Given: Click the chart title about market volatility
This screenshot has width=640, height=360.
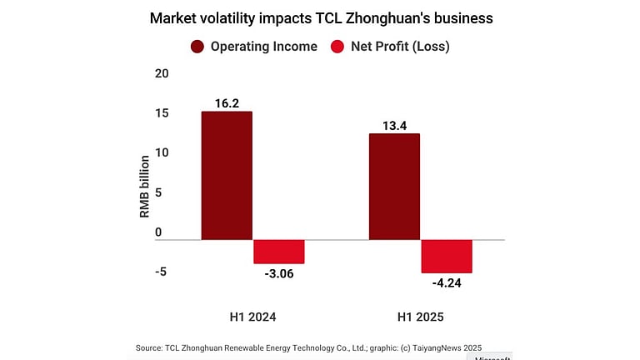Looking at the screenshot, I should [320, 17].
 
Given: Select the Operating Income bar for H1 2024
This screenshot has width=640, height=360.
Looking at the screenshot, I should [227, 176].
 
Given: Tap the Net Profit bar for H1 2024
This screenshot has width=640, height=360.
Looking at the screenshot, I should [278, 252].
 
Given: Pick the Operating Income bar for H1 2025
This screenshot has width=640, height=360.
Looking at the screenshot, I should [394, 187].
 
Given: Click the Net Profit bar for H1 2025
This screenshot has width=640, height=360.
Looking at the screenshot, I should [447, 256].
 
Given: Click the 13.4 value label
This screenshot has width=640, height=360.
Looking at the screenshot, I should [394, 125].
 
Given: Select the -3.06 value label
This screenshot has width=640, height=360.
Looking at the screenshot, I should [278, 273].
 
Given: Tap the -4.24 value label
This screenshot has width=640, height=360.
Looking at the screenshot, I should [447, 282].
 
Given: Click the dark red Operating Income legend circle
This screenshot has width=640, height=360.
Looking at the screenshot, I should [198, 47].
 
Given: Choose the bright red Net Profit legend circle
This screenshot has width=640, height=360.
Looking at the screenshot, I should [338, 47].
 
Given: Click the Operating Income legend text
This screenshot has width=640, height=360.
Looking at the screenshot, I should [263, 47].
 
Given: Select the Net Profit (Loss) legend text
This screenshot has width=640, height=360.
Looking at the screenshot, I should [400, 47].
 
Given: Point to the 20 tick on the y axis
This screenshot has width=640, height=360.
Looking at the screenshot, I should [161, 73].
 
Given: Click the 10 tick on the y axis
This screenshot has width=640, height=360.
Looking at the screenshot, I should [161, 152].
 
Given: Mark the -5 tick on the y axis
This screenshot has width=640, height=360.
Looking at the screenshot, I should [161, 271].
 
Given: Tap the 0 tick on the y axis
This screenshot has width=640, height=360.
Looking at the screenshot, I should [158, 232].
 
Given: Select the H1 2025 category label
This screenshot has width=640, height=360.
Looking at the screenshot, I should [420, 317].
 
